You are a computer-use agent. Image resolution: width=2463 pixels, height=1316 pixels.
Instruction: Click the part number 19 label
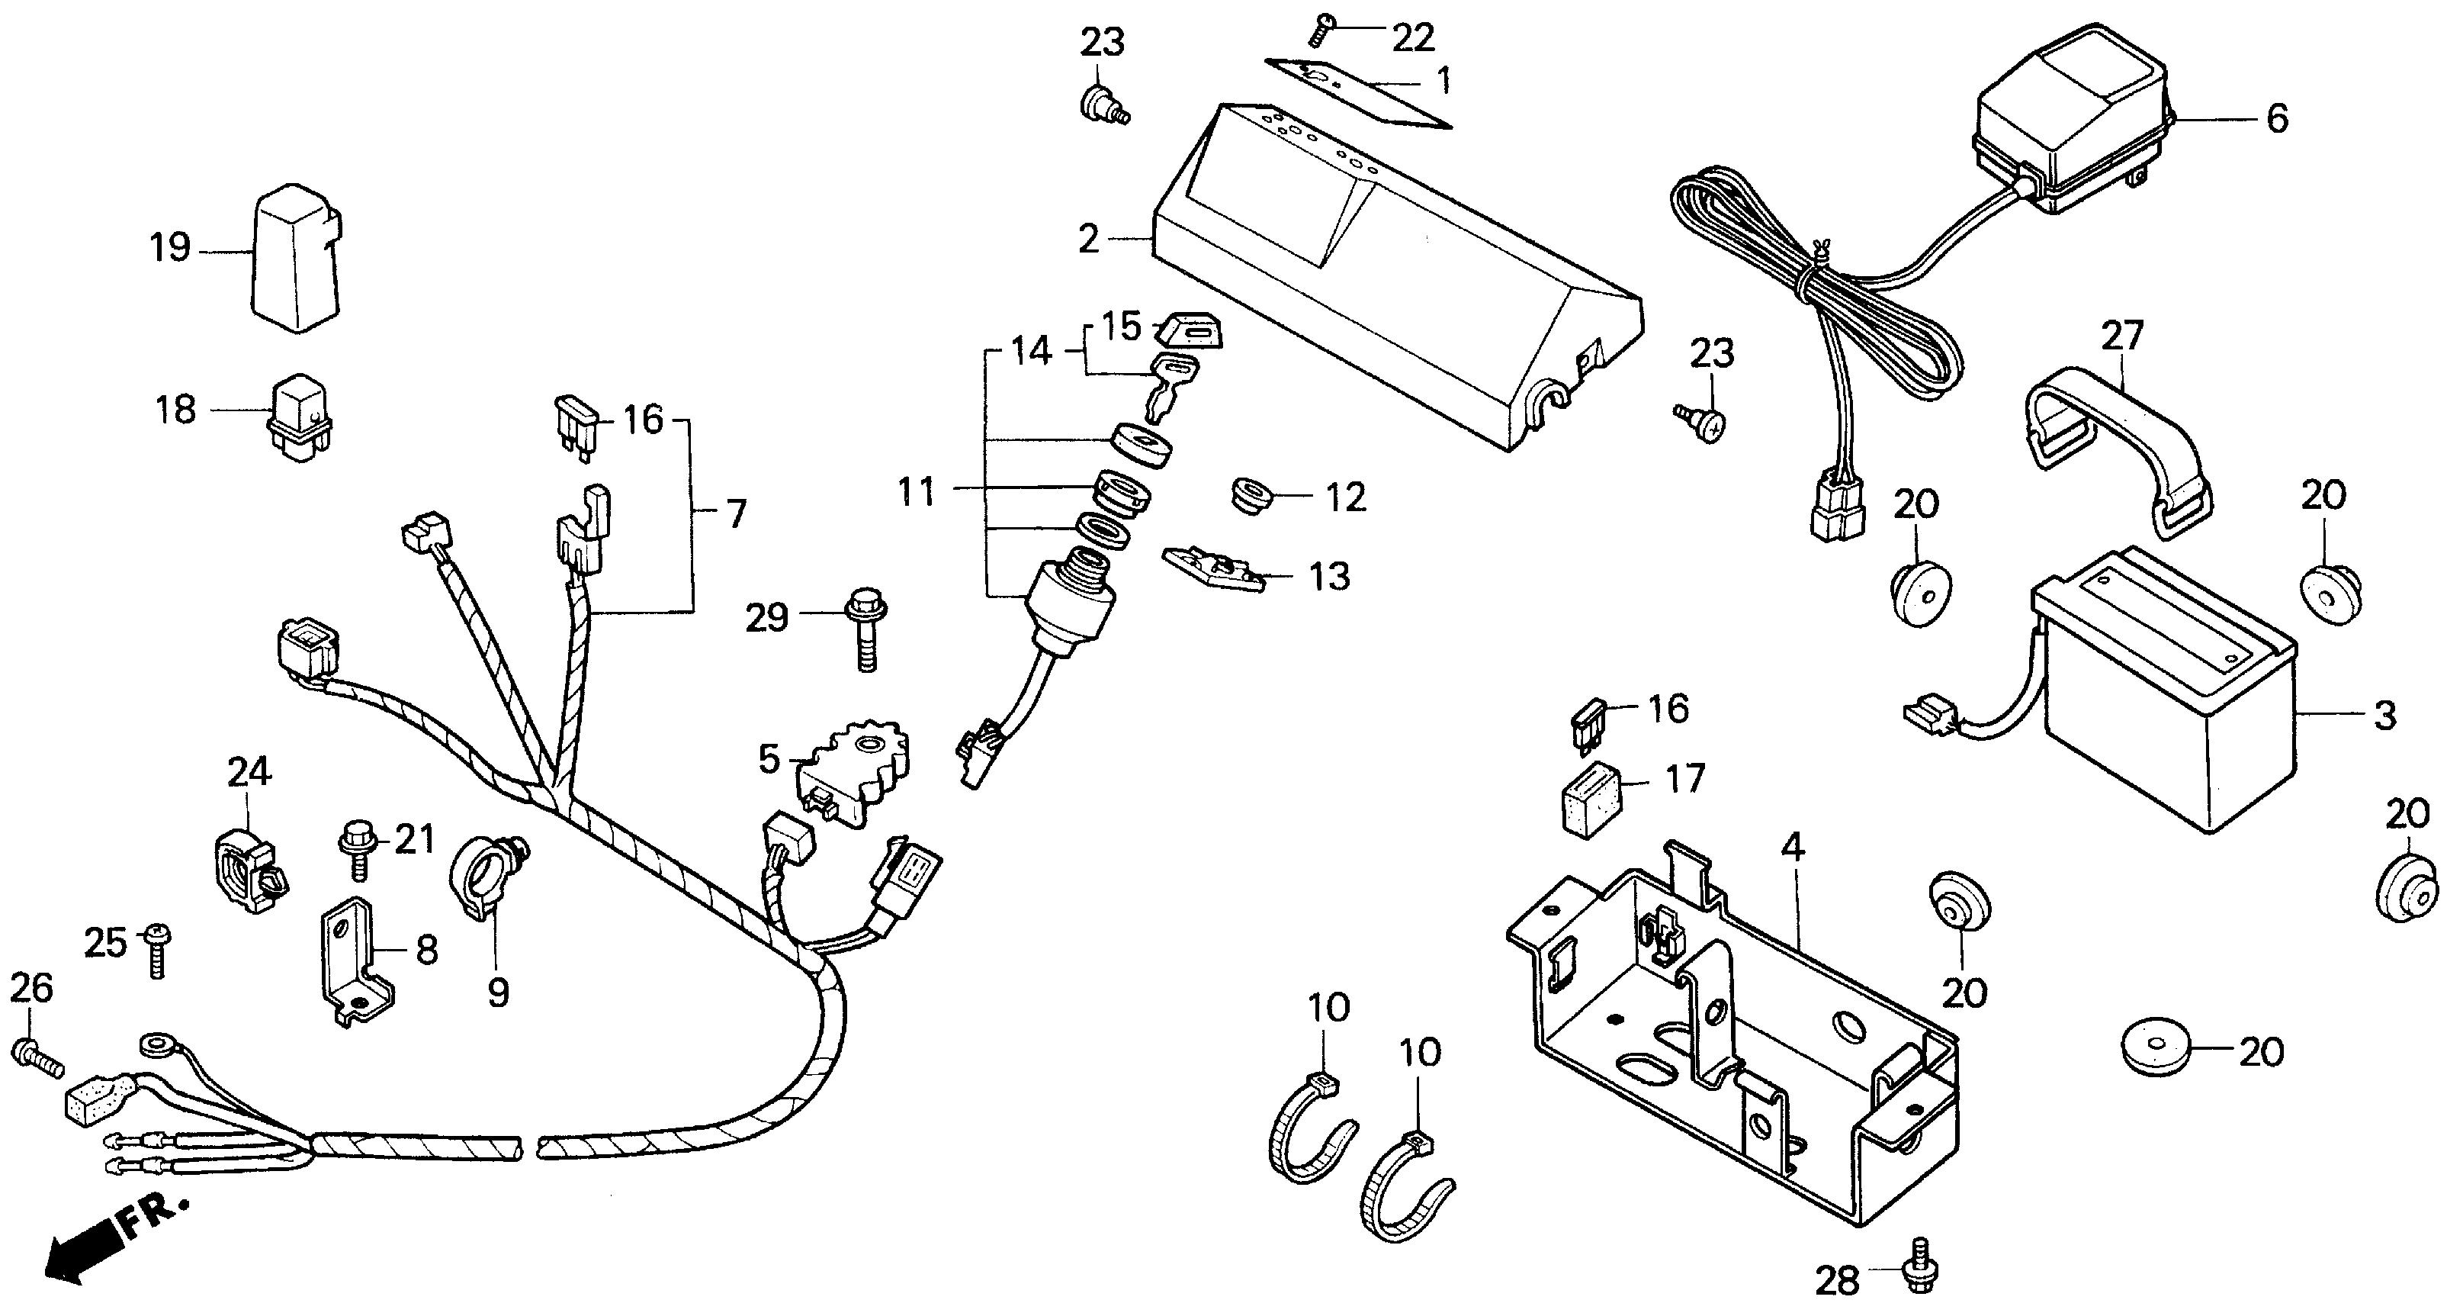coord(170,249)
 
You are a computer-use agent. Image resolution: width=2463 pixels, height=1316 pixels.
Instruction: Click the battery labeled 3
coord(2165,709)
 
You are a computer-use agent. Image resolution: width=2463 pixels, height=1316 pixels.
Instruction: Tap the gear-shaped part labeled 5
coord(855,774)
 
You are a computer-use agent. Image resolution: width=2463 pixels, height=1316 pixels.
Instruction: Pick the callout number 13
coord(1329,577)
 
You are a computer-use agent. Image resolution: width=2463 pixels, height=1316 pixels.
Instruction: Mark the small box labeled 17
coord(1591,798)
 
